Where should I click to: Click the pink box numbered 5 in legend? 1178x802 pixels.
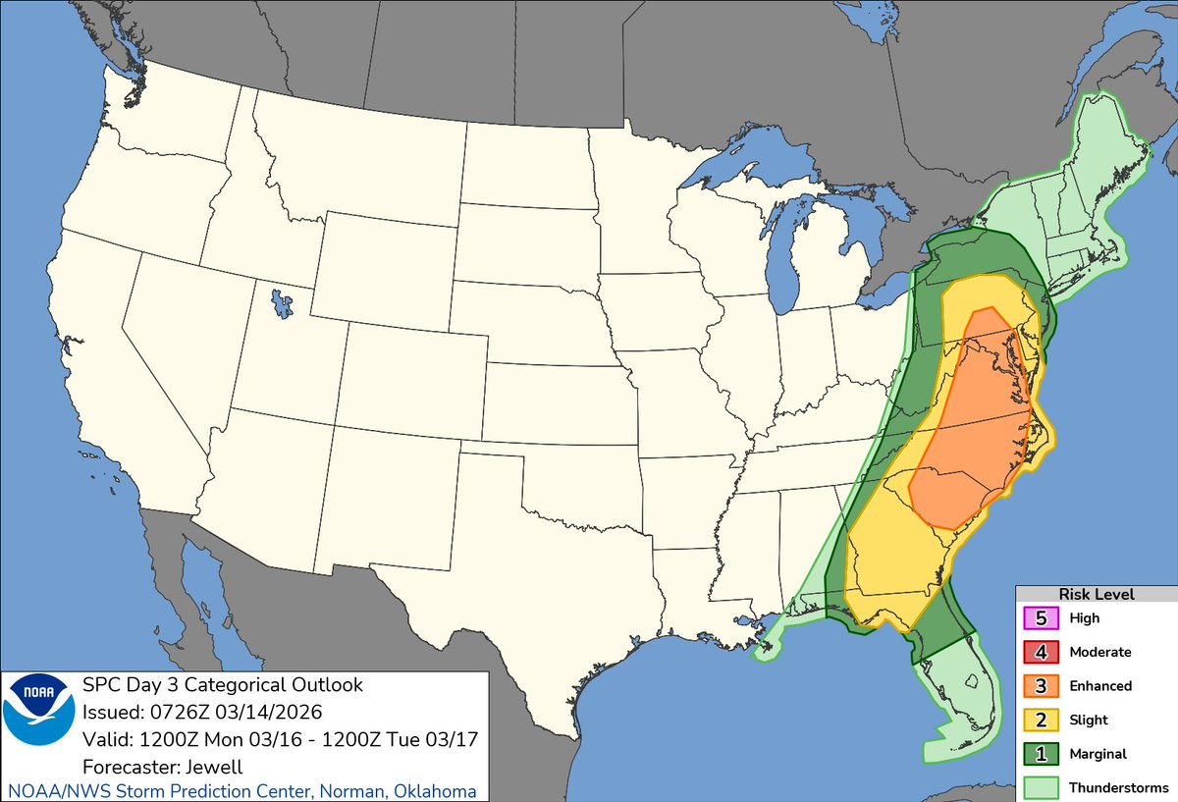(x=1041, y=618)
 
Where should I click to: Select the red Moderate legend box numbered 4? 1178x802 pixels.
(x=1041, y=652)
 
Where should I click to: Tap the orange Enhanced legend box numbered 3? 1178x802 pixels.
(x=1041, y=686)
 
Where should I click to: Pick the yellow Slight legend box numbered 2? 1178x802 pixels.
(x=1041, y=720)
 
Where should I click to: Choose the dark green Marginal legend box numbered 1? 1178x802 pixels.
(x=1041, y=754)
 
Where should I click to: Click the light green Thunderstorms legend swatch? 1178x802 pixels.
(x=1041, y=787)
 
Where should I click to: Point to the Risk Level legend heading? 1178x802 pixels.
(x=1096, y=594)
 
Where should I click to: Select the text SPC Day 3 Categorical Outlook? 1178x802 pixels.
(x=223, y=685)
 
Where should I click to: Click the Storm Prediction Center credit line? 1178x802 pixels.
(x=242, y=791)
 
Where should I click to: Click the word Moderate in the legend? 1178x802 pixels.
(x=1099, y=652)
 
